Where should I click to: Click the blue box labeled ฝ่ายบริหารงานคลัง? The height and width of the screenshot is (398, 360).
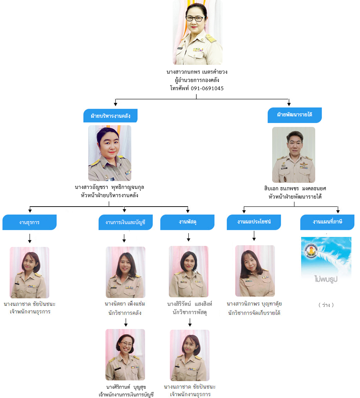tap(110, 116)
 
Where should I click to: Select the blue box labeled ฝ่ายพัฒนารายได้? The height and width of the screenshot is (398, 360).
tap(295, 115)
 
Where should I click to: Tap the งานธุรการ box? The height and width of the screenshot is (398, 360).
tap(29, 222)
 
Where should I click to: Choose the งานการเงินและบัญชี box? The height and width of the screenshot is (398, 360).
tap(125, 222)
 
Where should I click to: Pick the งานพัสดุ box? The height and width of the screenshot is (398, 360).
tap(187, 222)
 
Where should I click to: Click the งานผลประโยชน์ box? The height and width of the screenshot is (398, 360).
tap(254, 222)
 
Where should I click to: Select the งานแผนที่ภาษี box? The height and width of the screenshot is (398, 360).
tap(327, 222)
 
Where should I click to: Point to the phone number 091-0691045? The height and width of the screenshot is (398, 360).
tap(207, 88)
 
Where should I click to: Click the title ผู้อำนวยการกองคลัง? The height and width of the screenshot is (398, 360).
tap(197, 80)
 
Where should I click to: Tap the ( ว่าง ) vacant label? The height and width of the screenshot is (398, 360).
tap(326, 305)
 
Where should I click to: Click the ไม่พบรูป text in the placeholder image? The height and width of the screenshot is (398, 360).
tap(326, 279)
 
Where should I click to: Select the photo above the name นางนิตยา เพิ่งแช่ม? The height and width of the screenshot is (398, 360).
tap(125, 272)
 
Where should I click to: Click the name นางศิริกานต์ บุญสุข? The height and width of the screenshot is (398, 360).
tap(126, 387)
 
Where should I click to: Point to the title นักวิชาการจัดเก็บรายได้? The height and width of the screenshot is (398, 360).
tap(254, 313)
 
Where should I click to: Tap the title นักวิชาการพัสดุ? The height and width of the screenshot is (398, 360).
tap(189, 312)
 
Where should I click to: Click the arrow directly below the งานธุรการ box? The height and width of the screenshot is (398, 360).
tap(30, 238)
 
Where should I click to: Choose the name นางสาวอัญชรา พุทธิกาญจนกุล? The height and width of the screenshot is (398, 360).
tap(109, 187)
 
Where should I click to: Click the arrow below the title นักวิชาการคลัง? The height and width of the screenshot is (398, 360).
tap(126, 323)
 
